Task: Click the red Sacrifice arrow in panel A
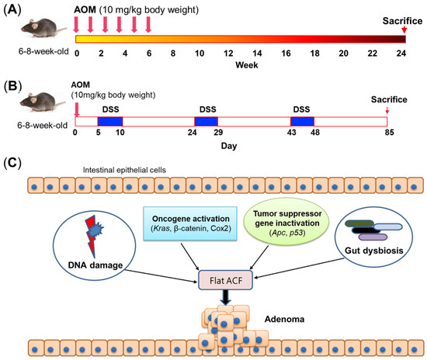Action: click(x=402, y=29)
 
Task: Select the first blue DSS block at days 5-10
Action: click(x=109, y=121)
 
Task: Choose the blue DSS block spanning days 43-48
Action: click(x=302, y=121)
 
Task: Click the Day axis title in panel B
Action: click(x=227, y=144)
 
